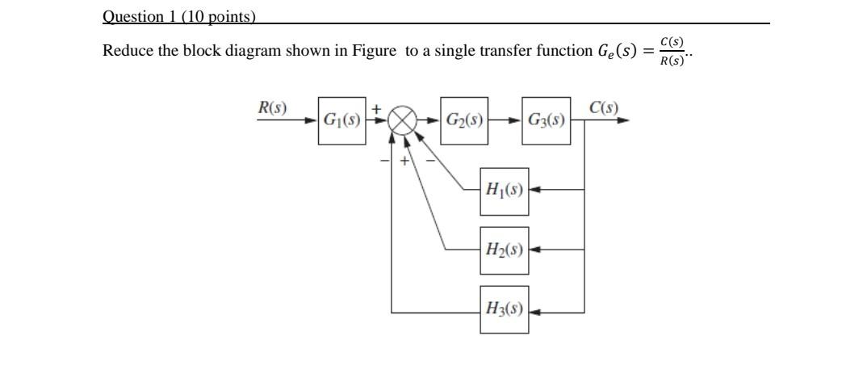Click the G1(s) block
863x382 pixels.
[x=341, y=120]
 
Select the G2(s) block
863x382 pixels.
[x=464, y=120]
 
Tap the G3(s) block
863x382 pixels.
[x=546, y=120]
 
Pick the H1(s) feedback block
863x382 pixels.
[x=504, y=191]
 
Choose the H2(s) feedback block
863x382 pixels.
[x=504, y=250]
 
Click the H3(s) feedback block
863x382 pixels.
[x=504, y=309]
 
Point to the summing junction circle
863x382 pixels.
[x=402, y=121]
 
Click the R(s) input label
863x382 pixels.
[x=272, y=107]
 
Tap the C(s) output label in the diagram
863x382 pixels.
[x=603, y=107]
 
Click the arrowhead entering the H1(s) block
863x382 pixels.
[x=534, y=191]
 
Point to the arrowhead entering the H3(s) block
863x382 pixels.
[x=534, y=310]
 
